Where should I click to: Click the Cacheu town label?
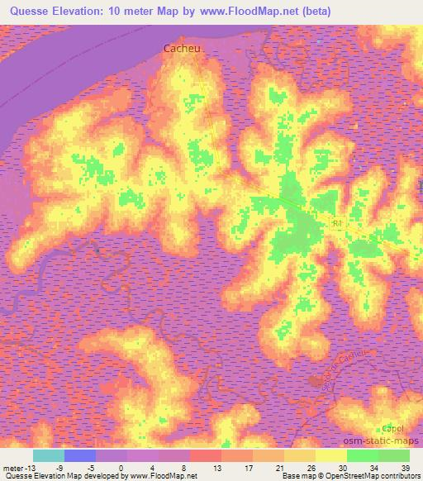click(183, 49)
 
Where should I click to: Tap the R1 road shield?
click(336, 224)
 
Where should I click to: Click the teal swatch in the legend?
click(49, 455)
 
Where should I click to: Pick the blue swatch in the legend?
click(80, 455)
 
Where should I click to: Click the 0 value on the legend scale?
click(121, 468)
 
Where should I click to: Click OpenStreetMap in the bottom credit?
click(360, 476)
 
